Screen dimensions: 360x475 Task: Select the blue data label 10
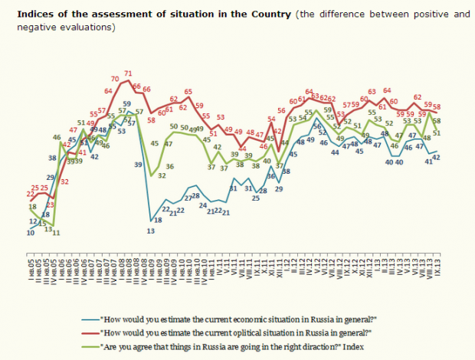pos(30,233)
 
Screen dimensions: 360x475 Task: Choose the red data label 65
pos(188,93)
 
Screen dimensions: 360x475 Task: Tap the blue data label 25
pos(255,198)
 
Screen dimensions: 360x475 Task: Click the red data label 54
pos(271,119)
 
